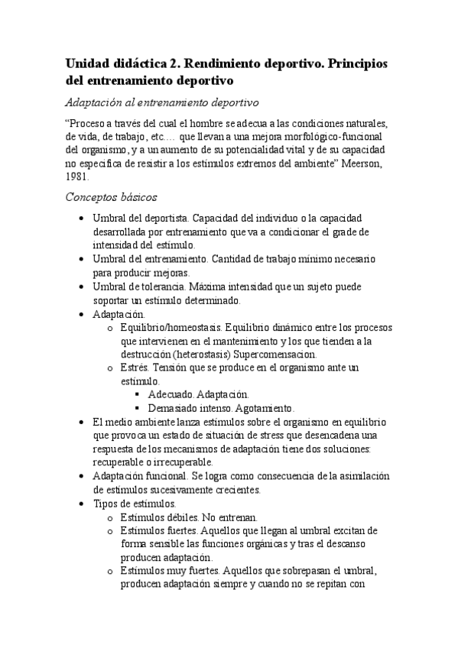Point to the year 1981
pyautogui.click(x=78, y=175)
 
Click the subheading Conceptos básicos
pyautogui.click(x=112, y=197)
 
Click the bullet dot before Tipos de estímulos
pyautogui.click(x=82, y=504)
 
